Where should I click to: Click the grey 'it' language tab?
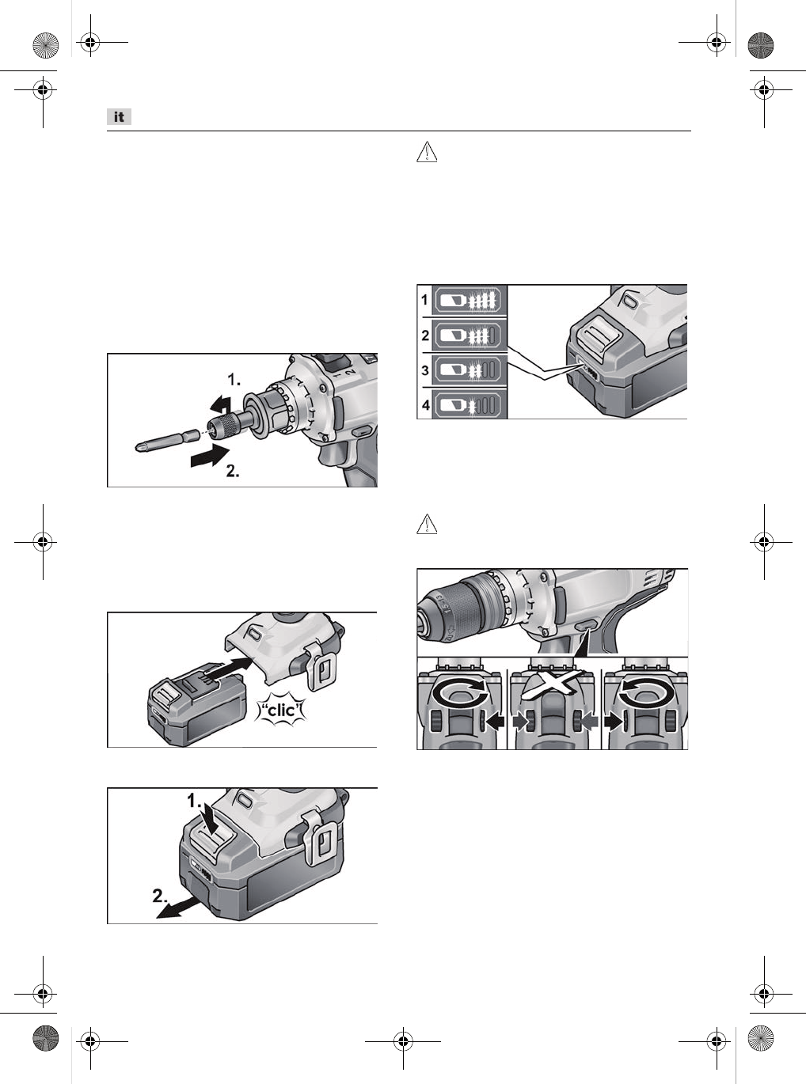[119, 117]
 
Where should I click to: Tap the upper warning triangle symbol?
[427, 152]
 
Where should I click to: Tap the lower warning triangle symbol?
[427, 524]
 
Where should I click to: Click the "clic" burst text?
[282, 711]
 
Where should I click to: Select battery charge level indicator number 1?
[468, 300]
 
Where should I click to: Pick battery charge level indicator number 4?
[468, 405]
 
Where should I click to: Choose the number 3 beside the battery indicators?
[425, 370]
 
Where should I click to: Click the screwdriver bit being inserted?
[167, 441]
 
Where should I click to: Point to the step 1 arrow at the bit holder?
[221, 404]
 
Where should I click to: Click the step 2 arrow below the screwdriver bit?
[209, 457]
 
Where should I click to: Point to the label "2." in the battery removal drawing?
[161, 896]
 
